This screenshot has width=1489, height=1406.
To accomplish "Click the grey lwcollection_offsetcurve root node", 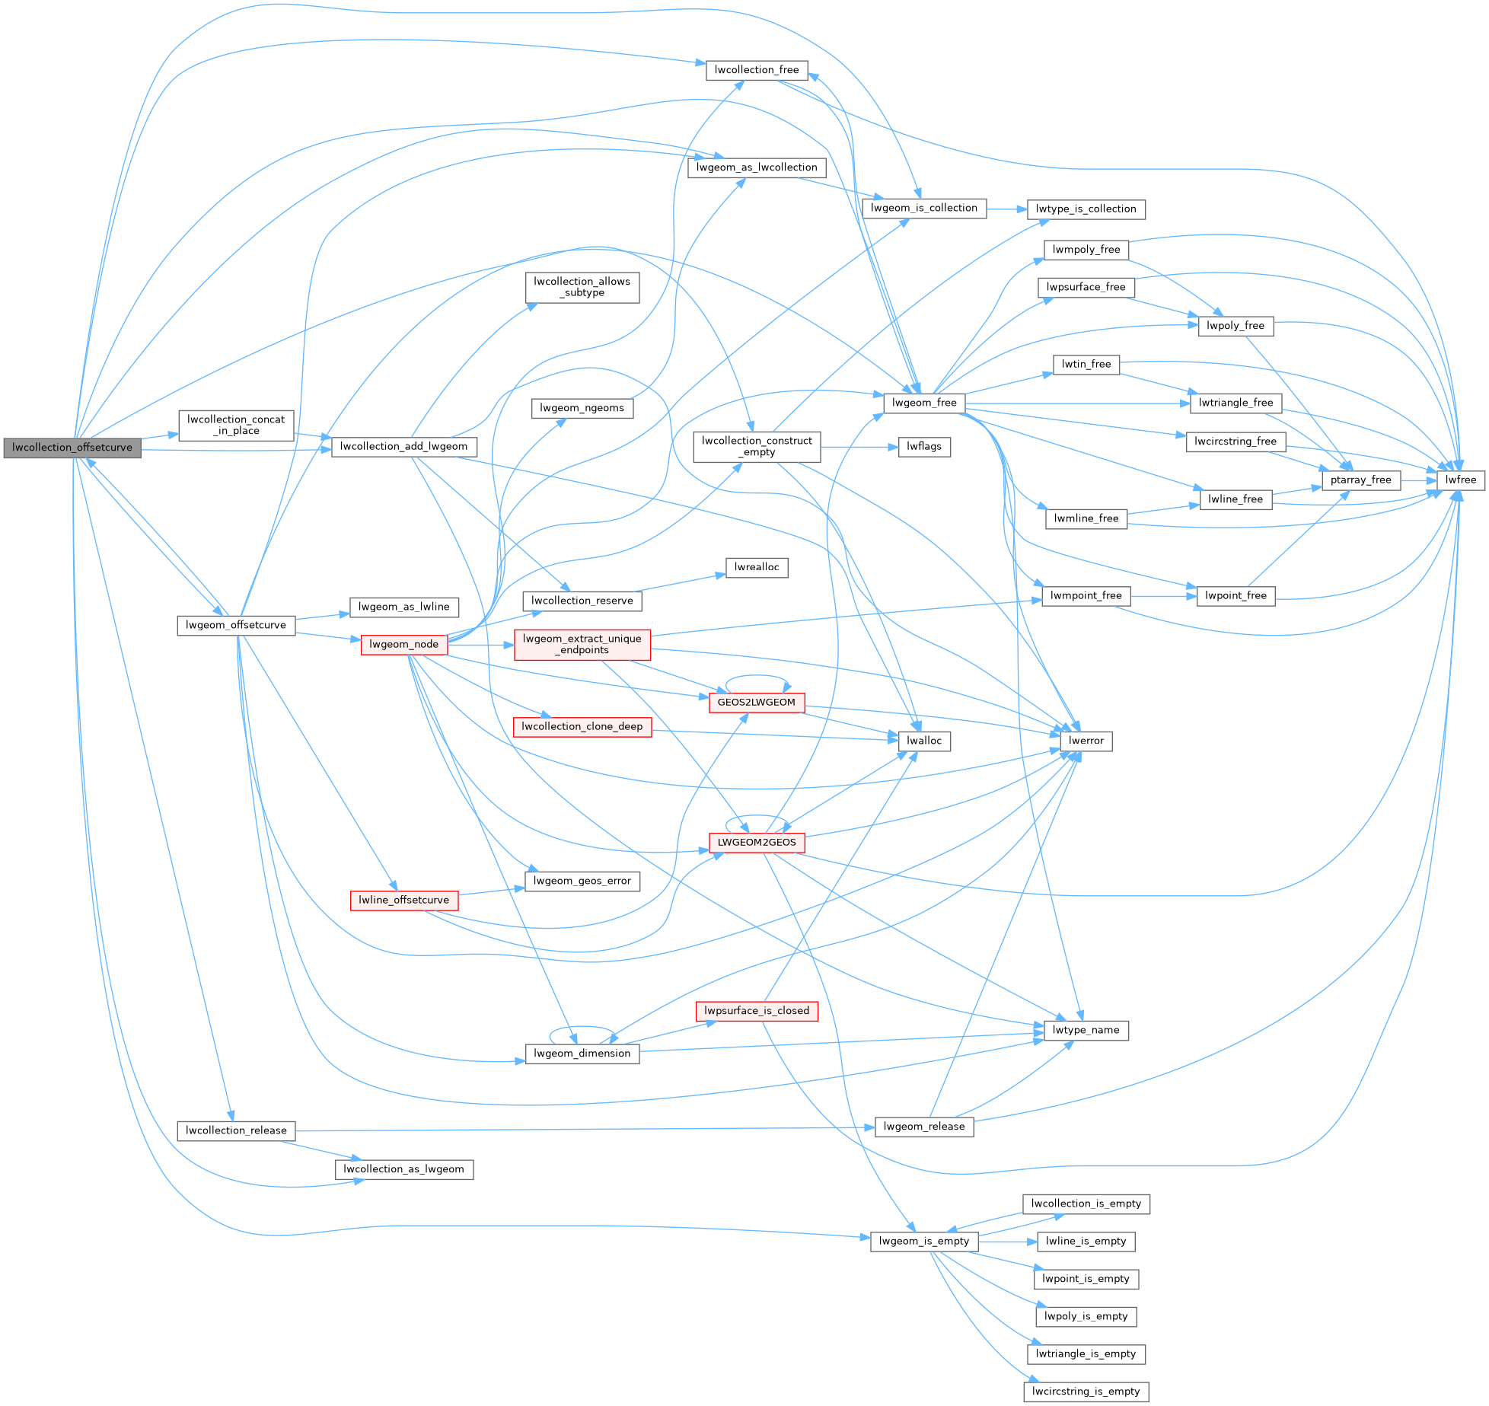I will pyautogui.click(x=72, y=448).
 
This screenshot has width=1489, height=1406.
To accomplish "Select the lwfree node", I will pyautogui.click(x=1460, y=480).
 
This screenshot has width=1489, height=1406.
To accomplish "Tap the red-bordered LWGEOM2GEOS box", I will pyautogui.click(x=756, y=843).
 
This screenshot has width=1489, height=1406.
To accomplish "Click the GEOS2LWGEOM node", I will pyautogui.click(x=756, y=703).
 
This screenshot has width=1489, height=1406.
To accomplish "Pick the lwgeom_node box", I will pyautogui.click(x=403, y=644).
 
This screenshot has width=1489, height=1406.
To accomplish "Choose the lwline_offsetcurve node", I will pyautogui.click(x=403, y=900).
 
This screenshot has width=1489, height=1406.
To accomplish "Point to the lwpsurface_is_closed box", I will pyautogui.click(x=756, y=1011).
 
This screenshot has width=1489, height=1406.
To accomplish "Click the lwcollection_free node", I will pyautogui.click(x=756, y=70).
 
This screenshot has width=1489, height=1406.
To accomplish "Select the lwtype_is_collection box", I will pyautogui.click(x=1086, y=209).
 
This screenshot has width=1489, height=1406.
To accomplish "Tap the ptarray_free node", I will pyautogui.click(x=1360, y=480).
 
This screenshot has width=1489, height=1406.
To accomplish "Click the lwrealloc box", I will pyautogui.click(x=756, y=567).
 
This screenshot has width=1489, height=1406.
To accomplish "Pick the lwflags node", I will pyautogui.click(x=923, y=447).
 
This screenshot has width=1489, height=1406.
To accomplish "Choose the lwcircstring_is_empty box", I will pyautogui.click(x=1086, y=1392).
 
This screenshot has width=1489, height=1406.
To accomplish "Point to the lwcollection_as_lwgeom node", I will pyautogui.click(x=403, y=1169).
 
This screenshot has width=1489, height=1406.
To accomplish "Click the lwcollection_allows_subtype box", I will pyautogui.click(x=582, y=287).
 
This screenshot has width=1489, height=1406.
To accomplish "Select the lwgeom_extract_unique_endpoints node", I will pyautogui.click(x=582, y=644).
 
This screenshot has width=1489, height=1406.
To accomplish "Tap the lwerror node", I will pyautogui.click(x=1086, y=741).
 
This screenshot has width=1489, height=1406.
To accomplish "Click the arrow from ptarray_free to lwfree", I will pyautogui.click(x=1419, y=480).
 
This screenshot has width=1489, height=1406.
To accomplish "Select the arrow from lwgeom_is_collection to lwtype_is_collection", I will pyautogui.click(x=1006, y=209).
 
